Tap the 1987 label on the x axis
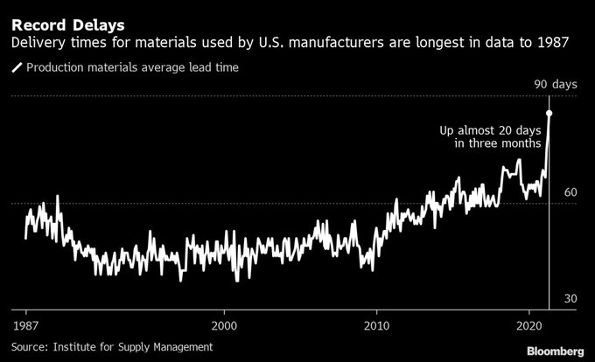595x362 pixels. (25, 323)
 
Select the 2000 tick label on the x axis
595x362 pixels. (224, 323)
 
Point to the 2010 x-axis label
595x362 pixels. (377, 323)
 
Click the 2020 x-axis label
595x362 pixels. (529, 323)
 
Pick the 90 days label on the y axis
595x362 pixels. (556, 84)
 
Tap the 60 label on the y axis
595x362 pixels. (570, 191)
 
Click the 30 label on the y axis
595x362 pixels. (570, 299)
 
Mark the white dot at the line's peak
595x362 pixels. (549, 113)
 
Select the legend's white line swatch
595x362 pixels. (16, 67)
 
